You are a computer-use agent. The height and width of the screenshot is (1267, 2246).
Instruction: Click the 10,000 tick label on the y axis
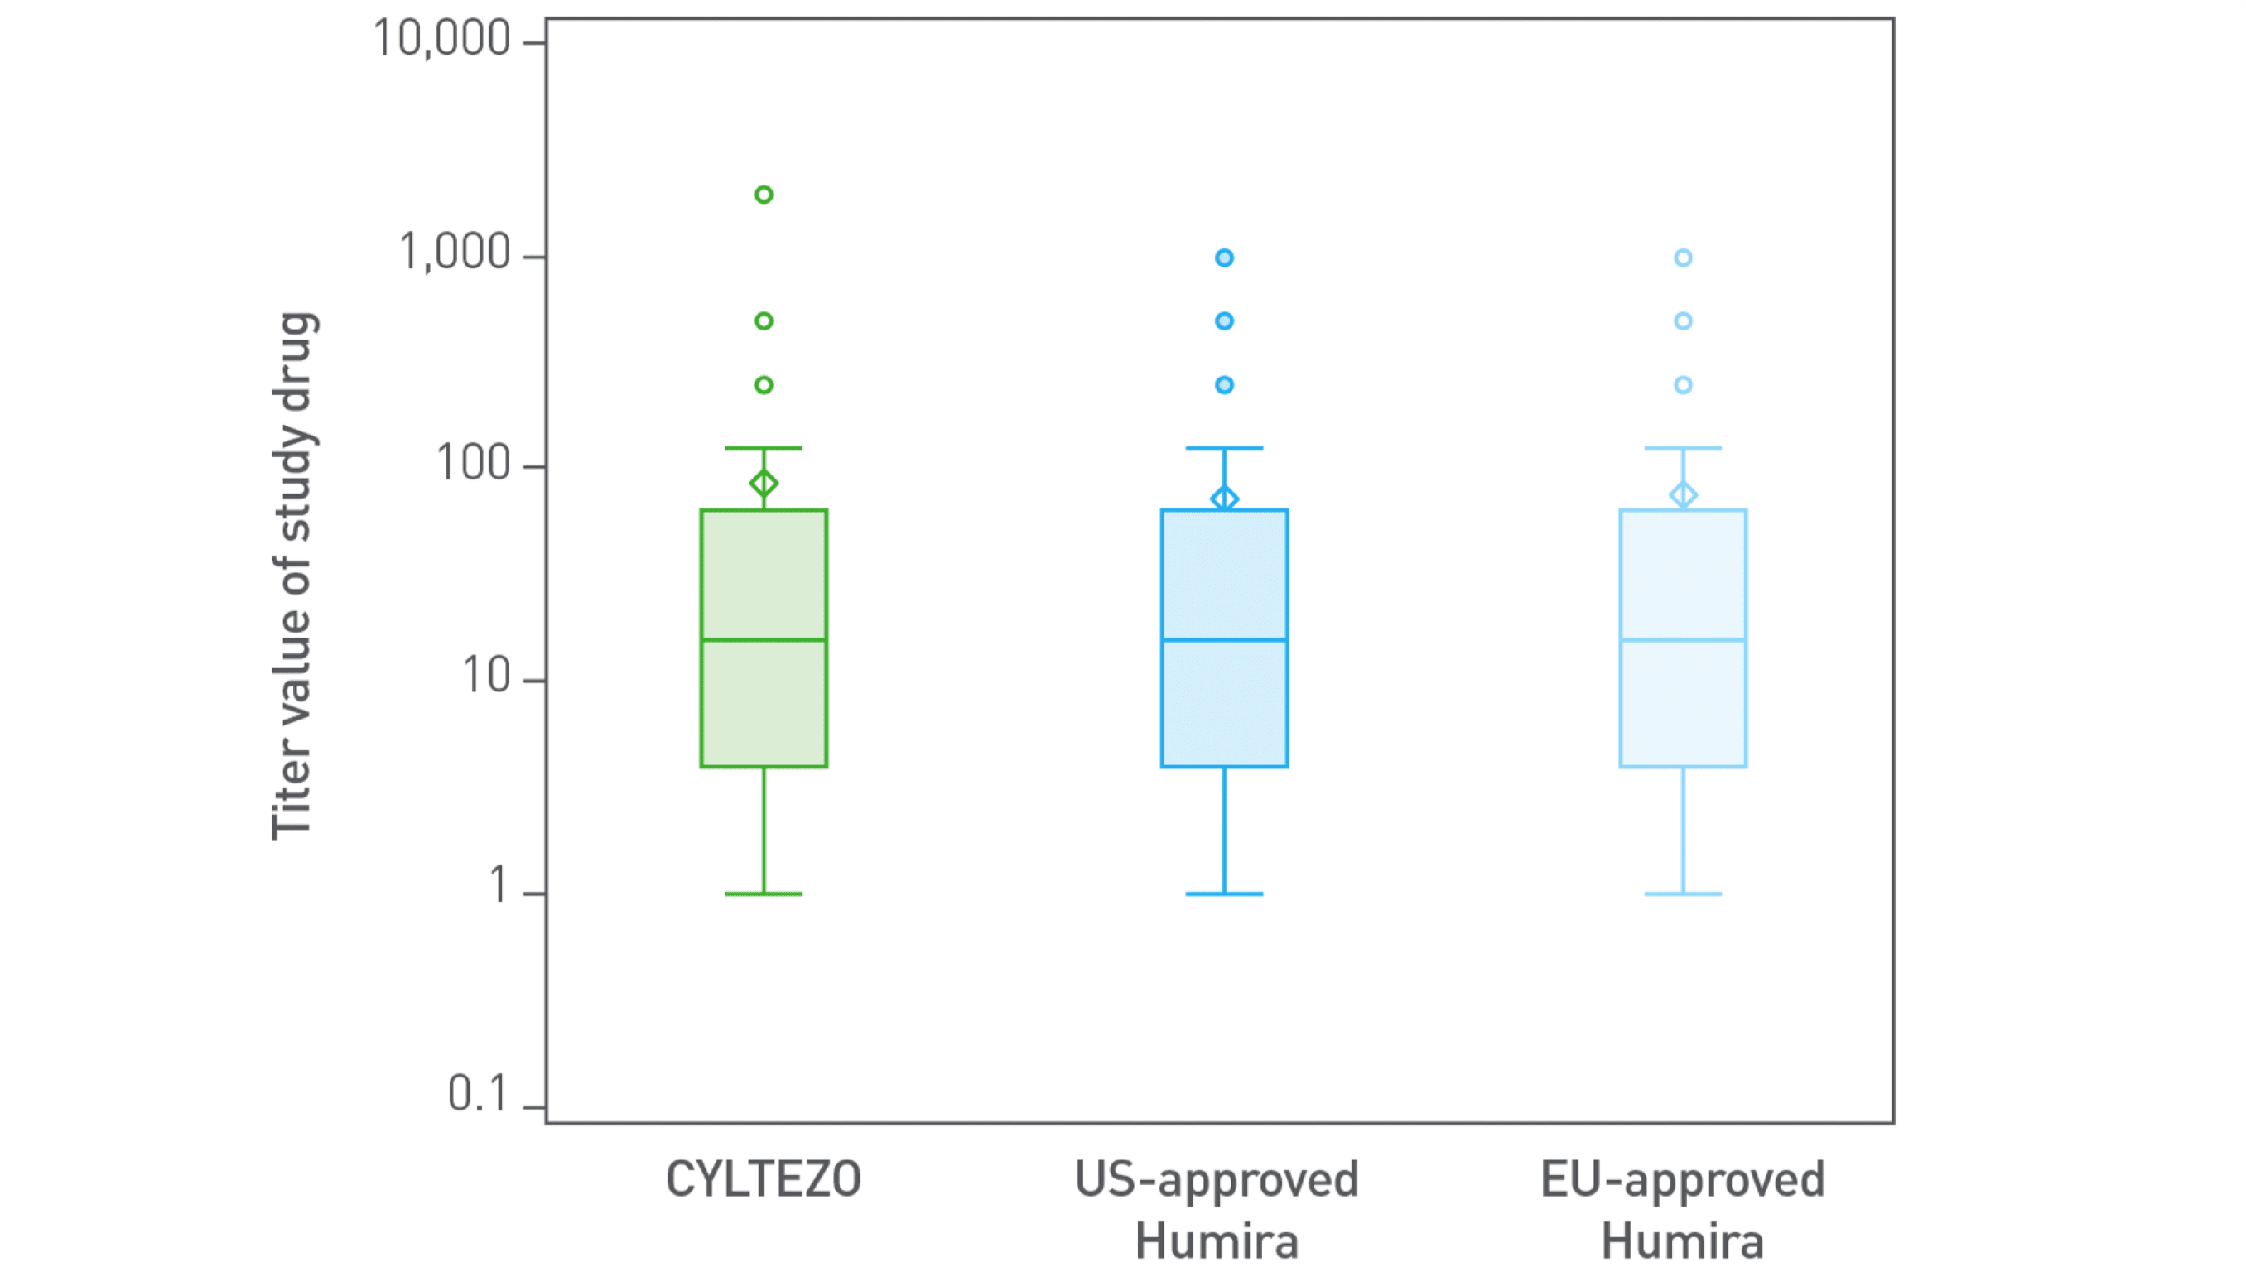(441, 39)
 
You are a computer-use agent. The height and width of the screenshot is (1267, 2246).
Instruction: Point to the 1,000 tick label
(455, 253)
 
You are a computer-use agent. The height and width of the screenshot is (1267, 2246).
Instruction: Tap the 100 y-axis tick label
(474, 464)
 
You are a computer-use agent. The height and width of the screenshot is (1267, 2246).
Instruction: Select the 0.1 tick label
(477, 1095)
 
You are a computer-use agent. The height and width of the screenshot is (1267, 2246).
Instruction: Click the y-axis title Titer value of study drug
(293, 576)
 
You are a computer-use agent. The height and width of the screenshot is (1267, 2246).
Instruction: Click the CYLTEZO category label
(763, 1180)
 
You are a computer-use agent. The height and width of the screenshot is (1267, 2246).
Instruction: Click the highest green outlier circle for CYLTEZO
(764, 195)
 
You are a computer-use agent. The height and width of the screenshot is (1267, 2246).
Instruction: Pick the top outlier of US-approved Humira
(1224, 258)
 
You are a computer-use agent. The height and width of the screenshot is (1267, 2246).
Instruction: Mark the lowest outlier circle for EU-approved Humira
(1683, 384)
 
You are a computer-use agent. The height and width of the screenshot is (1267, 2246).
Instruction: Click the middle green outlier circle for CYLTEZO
(764, 321)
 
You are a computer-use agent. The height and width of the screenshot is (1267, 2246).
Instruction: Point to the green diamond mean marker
(764, 483)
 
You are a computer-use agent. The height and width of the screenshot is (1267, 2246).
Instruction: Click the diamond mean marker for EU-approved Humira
(1683, 495)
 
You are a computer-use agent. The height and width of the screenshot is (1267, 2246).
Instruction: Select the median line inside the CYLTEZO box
(764, 640)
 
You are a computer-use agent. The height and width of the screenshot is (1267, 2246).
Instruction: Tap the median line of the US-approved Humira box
(1224, 640)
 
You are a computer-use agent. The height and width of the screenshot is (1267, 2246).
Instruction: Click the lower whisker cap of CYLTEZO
(764, 894)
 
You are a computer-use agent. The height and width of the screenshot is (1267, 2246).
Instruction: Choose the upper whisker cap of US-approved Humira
(1224, 448)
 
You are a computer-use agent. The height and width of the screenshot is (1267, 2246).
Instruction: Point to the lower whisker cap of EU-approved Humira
(1683, 894)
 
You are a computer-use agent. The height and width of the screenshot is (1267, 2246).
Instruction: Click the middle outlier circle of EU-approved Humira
(1683, 321)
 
